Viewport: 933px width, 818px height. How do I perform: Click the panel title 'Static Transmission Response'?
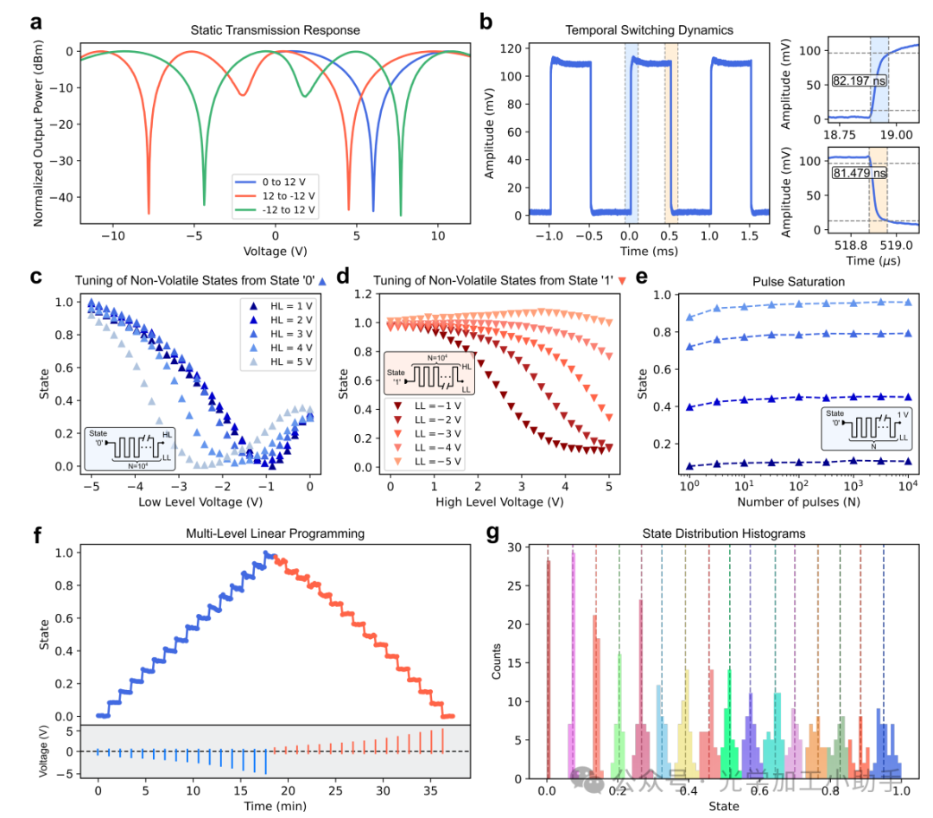(276, 31)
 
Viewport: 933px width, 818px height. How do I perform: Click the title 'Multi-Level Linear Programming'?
(276, 534)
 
